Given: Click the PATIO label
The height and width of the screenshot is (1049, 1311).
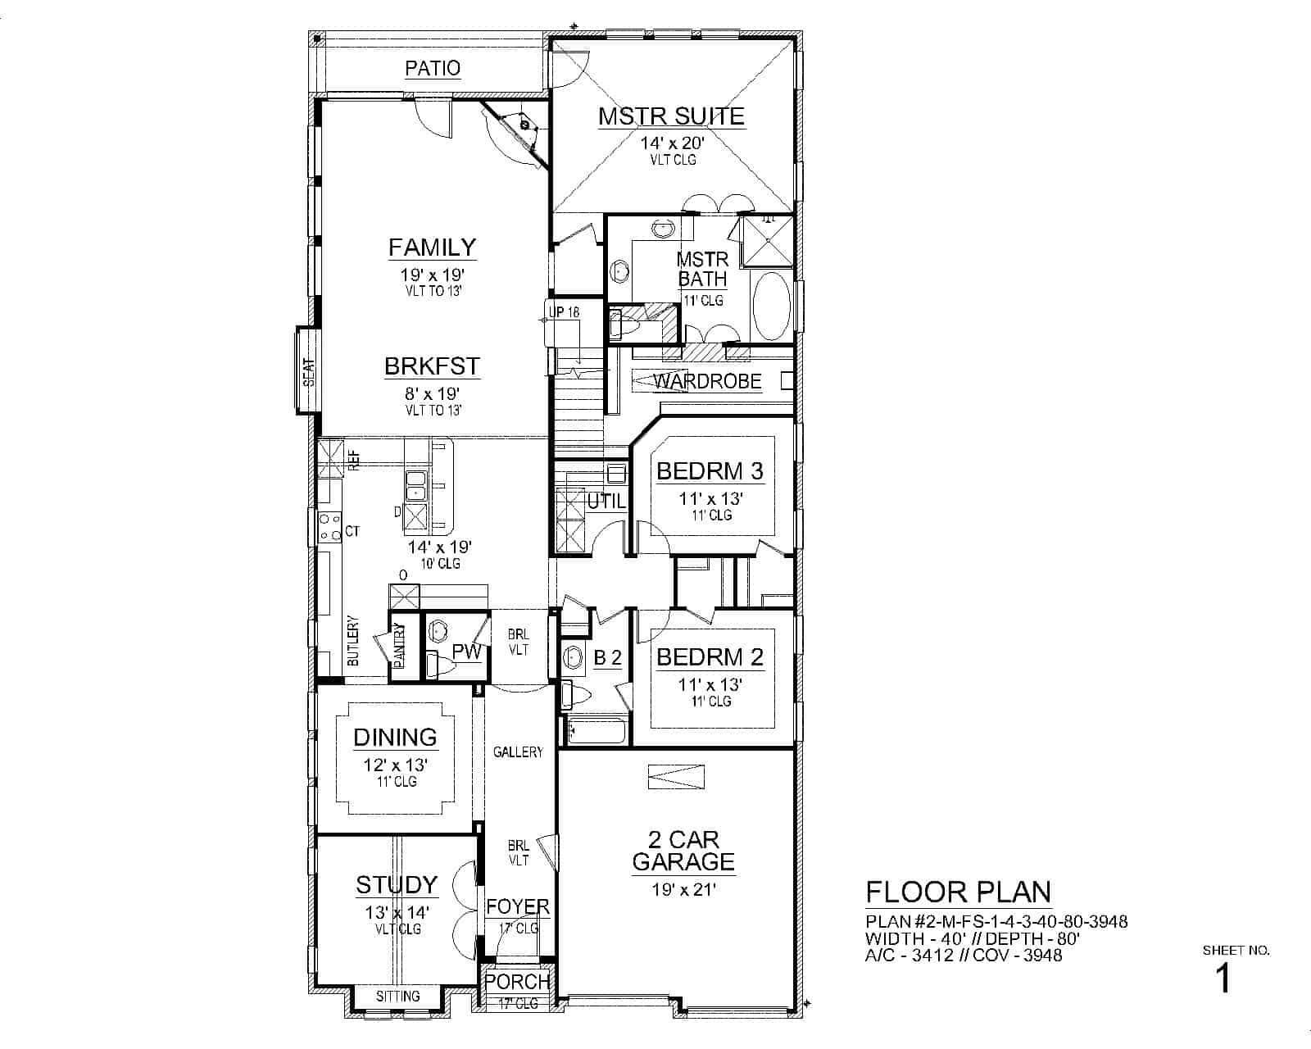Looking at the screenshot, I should [x=433, y=68].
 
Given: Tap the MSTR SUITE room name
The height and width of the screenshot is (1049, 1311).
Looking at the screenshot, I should [x=671, y=116].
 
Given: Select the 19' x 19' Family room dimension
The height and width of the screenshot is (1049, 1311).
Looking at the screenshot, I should [x=433, y=275].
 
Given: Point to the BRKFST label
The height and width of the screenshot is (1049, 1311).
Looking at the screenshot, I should [x=432, y=366].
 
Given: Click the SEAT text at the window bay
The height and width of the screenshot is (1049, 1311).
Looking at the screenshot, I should [x=309, y=372].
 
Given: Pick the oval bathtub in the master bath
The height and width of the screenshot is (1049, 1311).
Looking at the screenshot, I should [x=771, y=307].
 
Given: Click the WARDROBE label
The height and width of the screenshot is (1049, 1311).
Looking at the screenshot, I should [x=707, y=382].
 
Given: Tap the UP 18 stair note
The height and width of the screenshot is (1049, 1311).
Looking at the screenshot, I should [x=564, y=312].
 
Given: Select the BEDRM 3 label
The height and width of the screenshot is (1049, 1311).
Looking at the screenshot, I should [x=710, y=471].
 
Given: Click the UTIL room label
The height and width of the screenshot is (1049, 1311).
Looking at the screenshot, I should [x=606, y=501].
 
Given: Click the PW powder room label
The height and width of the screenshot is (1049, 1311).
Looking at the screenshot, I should [x=466, y=652].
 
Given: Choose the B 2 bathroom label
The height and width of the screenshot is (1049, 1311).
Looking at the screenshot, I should [x=607, y=657].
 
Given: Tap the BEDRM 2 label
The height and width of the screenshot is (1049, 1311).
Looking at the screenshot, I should [x=710, y=657].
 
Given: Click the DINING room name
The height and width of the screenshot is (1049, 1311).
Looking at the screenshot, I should [x=395, y=738].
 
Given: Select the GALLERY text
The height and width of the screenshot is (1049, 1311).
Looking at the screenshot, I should [x=518, y=752].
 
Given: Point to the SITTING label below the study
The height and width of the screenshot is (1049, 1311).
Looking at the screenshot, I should [x=398, y=997].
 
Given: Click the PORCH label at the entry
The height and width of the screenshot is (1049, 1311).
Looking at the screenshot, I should [x=517, y=982].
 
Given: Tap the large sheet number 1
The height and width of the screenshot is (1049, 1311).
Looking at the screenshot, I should [x=1223, y=979].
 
